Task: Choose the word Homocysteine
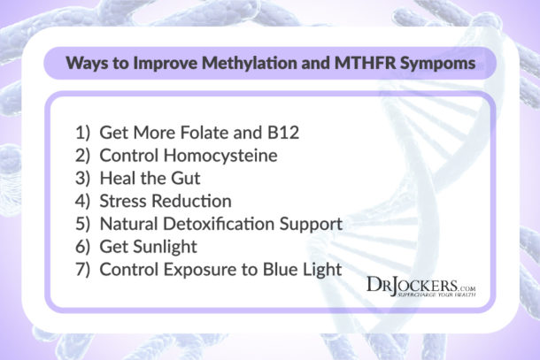[227, 156]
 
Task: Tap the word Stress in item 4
[132, 201]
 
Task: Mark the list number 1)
[89, 133]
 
